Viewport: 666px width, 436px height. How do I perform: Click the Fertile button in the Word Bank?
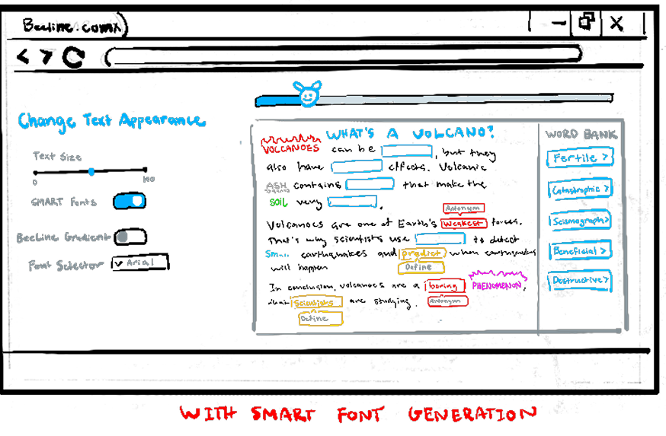(x=580, y=158)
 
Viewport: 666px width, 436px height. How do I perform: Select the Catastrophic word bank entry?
(x=580, y=189)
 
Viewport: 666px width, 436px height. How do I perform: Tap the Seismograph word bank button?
(x=580, y=221)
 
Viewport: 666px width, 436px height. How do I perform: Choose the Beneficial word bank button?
(x=580, y=250)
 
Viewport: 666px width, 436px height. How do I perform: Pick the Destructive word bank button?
(x=580, y=281)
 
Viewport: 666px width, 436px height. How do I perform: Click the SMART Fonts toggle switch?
(x=130, y=201)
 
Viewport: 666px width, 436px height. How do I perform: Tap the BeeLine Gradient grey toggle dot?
(x=122, y=237)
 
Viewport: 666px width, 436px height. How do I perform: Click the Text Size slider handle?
(x=91, y=172)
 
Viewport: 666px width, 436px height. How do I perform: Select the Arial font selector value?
(x=139, y=263)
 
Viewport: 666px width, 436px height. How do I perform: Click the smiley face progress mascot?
(x=307, y=95)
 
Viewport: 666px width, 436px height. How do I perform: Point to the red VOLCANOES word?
(x=290, y=148)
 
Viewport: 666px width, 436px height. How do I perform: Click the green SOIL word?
(x=278, y=203)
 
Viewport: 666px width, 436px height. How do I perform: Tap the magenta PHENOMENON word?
(x=497, y=286)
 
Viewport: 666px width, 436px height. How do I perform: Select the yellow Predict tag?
(x=422, y=253)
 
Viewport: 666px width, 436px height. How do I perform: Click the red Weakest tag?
(x=463, y=224)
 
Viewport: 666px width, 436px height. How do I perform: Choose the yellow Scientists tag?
(x=316, y=303)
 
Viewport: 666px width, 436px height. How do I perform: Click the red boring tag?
(x=445, y=286)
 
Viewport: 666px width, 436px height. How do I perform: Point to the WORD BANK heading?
(x=581, y=135)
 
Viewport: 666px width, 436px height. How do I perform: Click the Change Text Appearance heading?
(x=111, y=121)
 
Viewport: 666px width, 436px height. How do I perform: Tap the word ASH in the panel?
(x=275, y=186)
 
